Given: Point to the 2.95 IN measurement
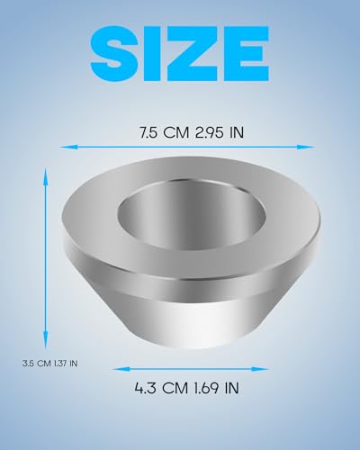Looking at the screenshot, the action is pyautogui.click(x=220, y=132).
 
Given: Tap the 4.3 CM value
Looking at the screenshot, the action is pyautogui.click(x=161, y=388).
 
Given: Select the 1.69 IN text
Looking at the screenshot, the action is pyautogui.click(x=216, y=388).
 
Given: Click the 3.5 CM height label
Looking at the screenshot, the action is pyautogui.click(x=37, y=364).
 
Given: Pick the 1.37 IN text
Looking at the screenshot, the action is pyautogui.click(x=66, y=364).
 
